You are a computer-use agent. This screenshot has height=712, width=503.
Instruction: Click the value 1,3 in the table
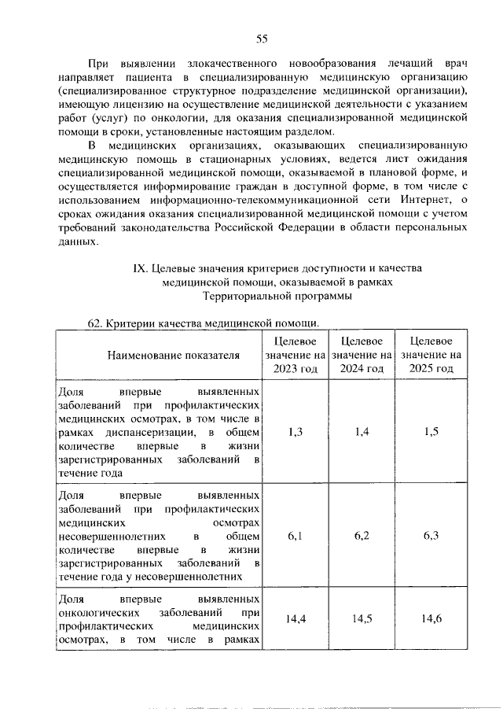tap(296, 431)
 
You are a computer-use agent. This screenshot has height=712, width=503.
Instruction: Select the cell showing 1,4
tap(362, 431)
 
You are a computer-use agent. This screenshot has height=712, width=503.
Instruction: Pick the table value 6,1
tap(296, 536)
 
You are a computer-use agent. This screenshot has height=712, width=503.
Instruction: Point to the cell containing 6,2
tap(362, 536)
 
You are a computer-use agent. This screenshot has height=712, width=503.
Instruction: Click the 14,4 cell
tap(296, 619)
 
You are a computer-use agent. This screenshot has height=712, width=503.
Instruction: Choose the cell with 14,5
tap(362, 619)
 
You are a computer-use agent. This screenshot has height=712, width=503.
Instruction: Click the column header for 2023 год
tap(296, 355)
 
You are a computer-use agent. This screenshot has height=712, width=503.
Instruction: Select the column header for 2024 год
tap(362, 355)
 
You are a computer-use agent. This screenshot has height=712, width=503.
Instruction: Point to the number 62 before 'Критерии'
tap(94, 323)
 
